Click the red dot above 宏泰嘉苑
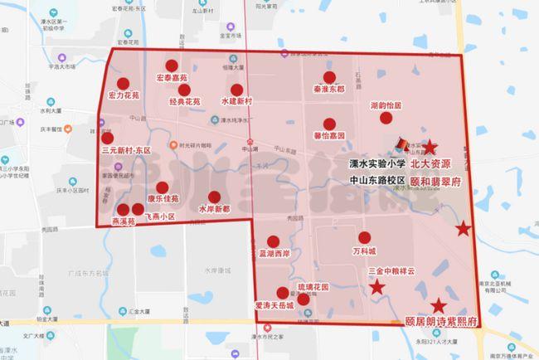[x=171, y=66]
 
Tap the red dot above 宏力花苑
[x=123, y=84]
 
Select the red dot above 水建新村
[x=236, y=90]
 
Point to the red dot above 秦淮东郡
[x=329, y=77]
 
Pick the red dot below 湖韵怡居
[x=386, y=118]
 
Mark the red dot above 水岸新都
[x=214, y=198]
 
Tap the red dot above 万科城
[x=363, y=237]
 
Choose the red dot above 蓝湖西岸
[x=273, y=241]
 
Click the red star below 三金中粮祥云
[x=377, y=287]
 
